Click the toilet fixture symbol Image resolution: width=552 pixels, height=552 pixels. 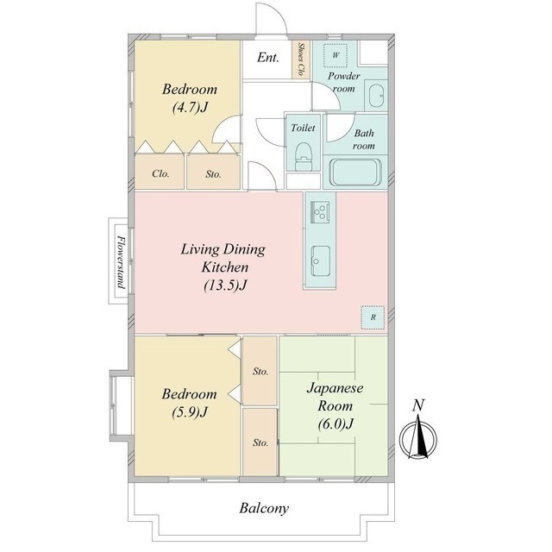click(x=304, y=157)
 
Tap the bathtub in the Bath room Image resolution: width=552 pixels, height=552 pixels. click(x=355, y=172)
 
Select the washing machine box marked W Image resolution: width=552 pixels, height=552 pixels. click(x=336, y=55)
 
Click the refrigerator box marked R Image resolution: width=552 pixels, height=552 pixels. click(x=373, y=317)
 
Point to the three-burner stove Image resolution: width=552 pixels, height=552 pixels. click(x=320, y=212)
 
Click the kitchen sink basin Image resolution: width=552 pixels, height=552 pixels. click(x=320, y=260)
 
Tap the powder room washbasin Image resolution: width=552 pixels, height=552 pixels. click(x=376, y=95)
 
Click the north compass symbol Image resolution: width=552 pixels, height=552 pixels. click(x=418, y=437)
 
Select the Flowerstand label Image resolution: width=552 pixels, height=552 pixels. click(x=122, y=261)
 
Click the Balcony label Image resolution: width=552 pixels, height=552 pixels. click(x=264, y=508)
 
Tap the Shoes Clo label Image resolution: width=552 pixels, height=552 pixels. click(x=301, y=59)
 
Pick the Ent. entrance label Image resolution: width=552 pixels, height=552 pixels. click(x=268, y=57)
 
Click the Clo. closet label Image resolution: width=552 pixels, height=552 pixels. click(x=160, y=173)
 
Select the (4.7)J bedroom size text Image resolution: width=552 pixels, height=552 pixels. click(x=190, y=107)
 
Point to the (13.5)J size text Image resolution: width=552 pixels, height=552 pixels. click(x=225, y=285)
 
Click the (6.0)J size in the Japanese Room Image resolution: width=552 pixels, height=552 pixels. click(x=336, y=423)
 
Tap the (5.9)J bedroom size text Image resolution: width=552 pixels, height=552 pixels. click(x=190, y=411)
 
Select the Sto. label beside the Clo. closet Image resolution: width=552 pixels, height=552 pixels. click(x=213, y=174)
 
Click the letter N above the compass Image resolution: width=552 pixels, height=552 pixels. click(x=418, y=405)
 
